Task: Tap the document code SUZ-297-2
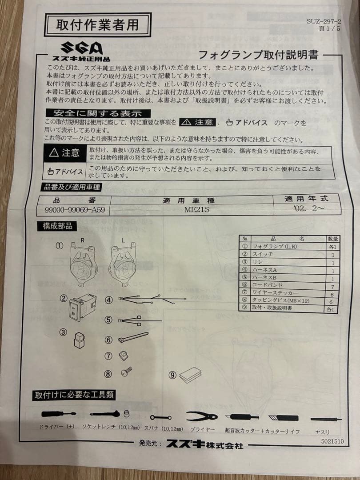[x=324, y=21]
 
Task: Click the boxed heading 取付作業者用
[x=97, y=24]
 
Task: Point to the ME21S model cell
[x=196, y=210]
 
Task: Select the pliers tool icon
[x=202, y=416]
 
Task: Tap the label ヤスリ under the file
[x=322, y=432]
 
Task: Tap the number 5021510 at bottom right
[x=332, y=442]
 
